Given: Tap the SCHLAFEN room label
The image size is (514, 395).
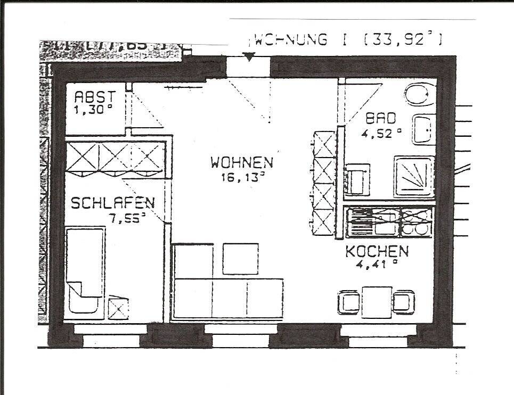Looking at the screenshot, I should (x=113, y=203).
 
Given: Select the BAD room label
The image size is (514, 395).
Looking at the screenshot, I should (x=380, y=118).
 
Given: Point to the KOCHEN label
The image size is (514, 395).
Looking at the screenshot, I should (x=377, y=251).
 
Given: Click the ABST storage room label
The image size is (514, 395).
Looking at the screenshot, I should (x=94, y=97).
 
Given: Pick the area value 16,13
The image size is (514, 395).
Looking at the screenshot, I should (x=242, y=177).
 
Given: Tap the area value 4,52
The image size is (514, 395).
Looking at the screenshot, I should (x=380, y=133).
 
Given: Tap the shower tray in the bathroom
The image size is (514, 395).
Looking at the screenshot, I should (x=414, y=176).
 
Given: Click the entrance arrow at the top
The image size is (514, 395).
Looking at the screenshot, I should (x=249, y=56).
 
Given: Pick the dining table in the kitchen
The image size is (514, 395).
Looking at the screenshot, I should (x=377, y=302).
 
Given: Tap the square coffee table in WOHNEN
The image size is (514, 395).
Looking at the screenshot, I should (x=240, y=258).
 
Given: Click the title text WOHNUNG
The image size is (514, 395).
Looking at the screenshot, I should (x=291, y=40).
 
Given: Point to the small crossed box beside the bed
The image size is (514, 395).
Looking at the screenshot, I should (x=118, y=308).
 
